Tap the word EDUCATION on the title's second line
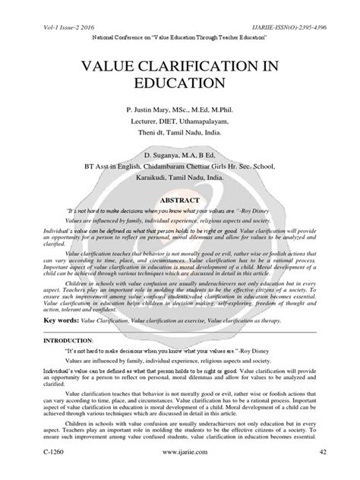180,81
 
